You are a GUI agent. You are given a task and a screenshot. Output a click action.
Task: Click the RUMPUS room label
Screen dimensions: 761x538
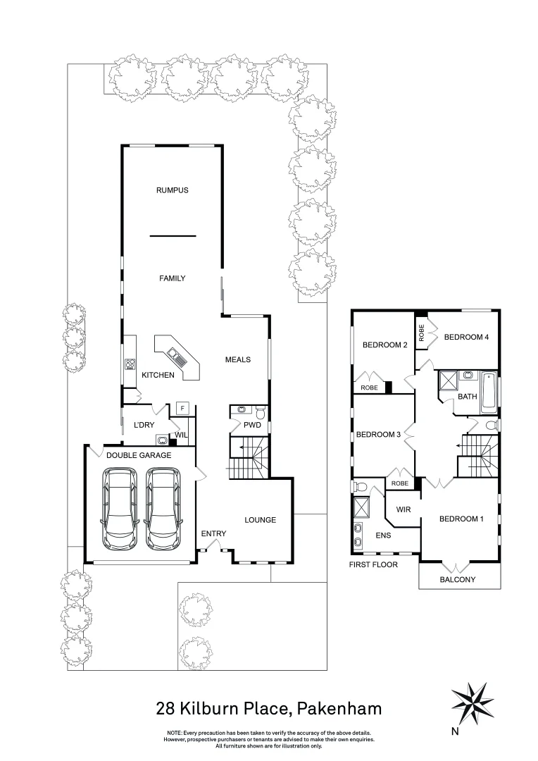tap(172, 190)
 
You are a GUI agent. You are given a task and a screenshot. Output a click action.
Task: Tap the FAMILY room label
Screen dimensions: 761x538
tap(172, 278)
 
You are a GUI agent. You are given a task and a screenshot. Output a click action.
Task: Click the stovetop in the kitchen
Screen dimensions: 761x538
tap(130, 364)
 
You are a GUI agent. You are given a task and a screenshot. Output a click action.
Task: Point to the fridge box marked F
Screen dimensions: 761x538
tap(182, 409)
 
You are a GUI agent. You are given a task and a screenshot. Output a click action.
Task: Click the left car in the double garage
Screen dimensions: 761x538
tap(119, 509)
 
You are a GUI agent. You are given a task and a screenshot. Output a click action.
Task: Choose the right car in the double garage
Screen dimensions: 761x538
tap(162, 509)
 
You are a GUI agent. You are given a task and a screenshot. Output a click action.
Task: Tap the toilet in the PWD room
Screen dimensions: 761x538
tap(259, 412)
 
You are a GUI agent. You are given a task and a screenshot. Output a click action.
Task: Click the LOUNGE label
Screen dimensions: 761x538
tap(260, 520)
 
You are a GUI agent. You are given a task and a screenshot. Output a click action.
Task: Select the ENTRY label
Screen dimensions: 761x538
tap(213, 533)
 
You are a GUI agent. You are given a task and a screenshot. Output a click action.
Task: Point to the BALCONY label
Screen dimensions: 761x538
tap(458, 580)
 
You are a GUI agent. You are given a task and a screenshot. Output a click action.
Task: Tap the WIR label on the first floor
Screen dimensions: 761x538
tap(403, 508)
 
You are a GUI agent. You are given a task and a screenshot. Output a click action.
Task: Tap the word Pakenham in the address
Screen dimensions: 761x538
tap(339, 707)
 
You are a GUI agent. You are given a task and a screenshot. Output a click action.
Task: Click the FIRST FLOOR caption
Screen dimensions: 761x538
tap(373, 564)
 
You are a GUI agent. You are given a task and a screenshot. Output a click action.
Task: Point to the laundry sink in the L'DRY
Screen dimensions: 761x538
tap(162, 440)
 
